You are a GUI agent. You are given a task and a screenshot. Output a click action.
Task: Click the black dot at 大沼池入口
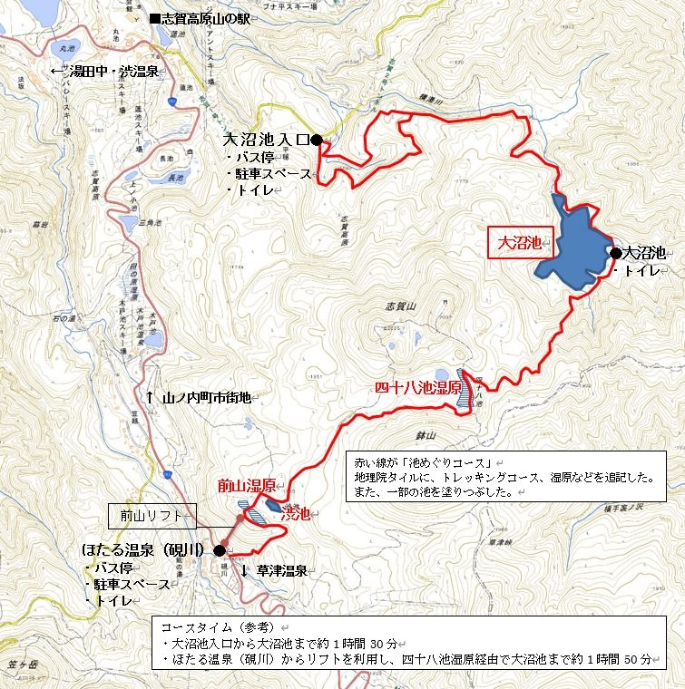coord(316,140)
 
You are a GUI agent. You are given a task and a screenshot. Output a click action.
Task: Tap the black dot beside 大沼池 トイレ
coord(616,253)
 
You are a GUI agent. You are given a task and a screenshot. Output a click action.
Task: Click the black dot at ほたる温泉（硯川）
coord(220,549)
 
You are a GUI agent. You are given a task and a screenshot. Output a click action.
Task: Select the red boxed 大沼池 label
coord(520,243)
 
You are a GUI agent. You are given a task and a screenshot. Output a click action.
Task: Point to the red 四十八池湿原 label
coord(415,387)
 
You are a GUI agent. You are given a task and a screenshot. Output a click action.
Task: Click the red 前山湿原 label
coord(246,486)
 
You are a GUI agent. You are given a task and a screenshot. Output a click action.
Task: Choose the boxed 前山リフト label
coord(151,516)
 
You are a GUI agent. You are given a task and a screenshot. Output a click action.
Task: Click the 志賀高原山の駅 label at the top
coord(206,18)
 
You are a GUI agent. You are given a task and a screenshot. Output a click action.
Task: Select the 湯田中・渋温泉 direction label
coord(108,71)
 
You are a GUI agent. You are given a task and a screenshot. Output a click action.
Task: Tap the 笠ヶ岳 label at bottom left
coord(20,667)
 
